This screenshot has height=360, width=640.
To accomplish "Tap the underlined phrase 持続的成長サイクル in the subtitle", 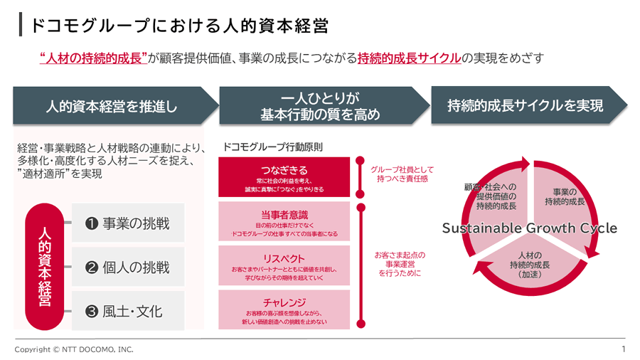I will pos(409,58).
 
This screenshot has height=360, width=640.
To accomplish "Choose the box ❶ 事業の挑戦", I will pos(128,223).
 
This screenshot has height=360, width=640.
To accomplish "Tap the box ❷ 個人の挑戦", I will pos(128,268).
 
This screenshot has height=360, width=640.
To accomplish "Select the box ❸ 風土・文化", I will pos(128,311).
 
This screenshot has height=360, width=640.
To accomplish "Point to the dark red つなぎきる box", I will pos(284,176).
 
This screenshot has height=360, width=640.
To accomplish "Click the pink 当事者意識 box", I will pos(284,221).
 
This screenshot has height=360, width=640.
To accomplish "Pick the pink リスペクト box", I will pos(284,265).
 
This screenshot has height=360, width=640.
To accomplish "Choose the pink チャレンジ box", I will pos(284,308).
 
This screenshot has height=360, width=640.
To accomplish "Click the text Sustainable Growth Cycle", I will pos(530,228).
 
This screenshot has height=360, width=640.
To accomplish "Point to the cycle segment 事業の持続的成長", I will pos(565,197).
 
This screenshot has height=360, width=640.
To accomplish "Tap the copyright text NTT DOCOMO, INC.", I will pos(74,349).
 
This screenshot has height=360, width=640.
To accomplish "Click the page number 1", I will pos(623,349).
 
